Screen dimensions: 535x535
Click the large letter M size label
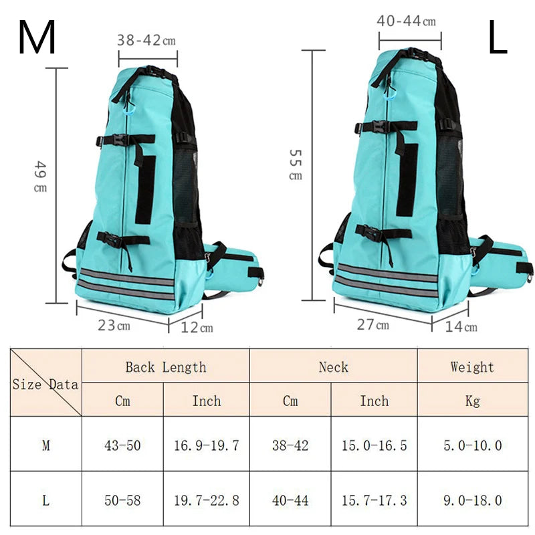(37, 38)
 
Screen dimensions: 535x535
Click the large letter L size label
(498, 38)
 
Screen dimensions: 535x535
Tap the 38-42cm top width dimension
(147, 40)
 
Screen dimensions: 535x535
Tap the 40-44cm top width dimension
(406, 21)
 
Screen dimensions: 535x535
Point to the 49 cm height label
(41, 177)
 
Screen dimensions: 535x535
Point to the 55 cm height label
(295, 165)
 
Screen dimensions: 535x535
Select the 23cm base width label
(115, 326)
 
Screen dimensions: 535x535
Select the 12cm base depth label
(197, 327)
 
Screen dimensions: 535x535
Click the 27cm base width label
(373, 325)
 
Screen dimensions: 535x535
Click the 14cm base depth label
(462, 326)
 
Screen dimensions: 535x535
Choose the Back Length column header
(165, 366)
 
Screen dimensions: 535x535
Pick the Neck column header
(333, 366)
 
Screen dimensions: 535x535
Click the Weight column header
(471, 366)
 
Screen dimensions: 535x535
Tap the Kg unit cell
(471, 401)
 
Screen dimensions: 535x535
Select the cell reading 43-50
(122, 445)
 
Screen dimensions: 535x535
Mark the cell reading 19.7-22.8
(206, 500)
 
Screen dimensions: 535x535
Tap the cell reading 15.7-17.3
(374, 500)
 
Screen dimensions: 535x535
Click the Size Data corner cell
(45, 384)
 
